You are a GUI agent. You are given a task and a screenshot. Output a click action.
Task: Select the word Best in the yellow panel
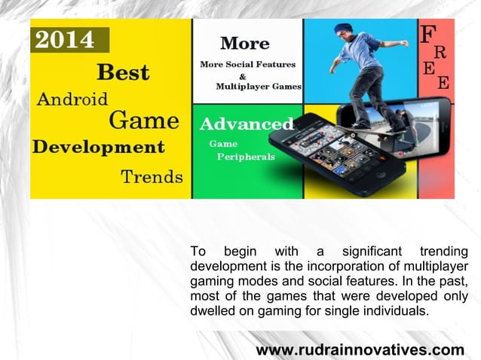click(123, 72)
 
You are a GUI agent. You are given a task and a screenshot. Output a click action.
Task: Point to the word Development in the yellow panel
click(98, 145)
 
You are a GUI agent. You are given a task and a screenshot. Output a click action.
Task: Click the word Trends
click(152, 177)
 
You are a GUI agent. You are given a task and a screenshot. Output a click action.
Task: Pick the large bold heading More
click(244, 43)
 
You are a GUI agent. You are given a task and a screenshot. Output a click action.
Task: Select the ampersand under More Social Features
click(242, 75)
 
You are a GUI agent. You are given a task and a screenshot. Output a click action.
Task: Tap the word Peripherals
click(245, 157)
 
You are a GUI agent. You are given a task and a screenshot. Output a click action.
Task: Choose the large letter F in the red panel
click(427, 34)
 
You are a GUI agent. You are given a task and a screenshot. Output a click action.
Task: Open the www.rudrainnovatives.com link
click(360, 350)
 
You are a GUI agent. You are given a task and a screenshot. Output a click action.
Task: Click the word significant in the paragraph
click(372, 251)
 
